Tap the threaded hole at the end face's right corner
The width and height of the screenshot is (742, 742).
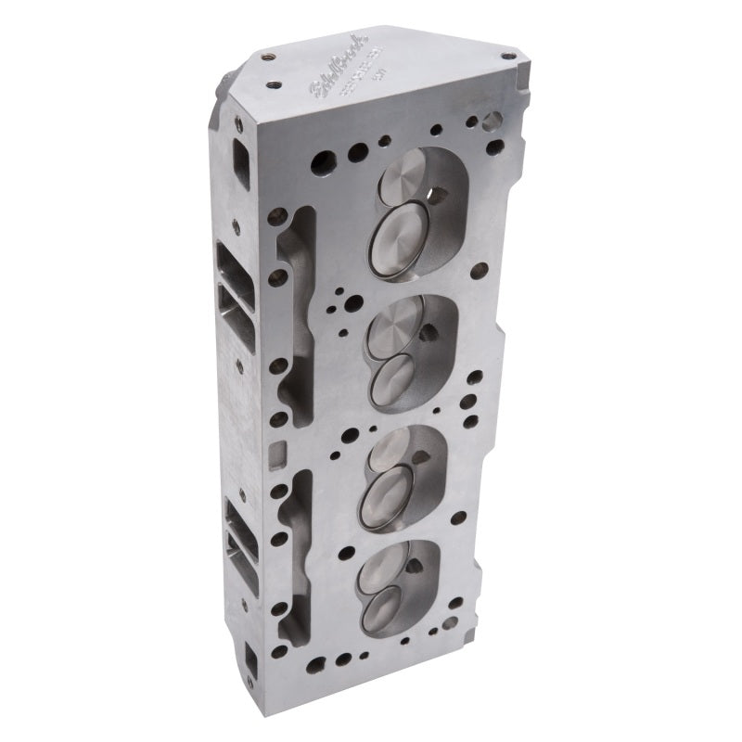(x=508, y=56)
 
